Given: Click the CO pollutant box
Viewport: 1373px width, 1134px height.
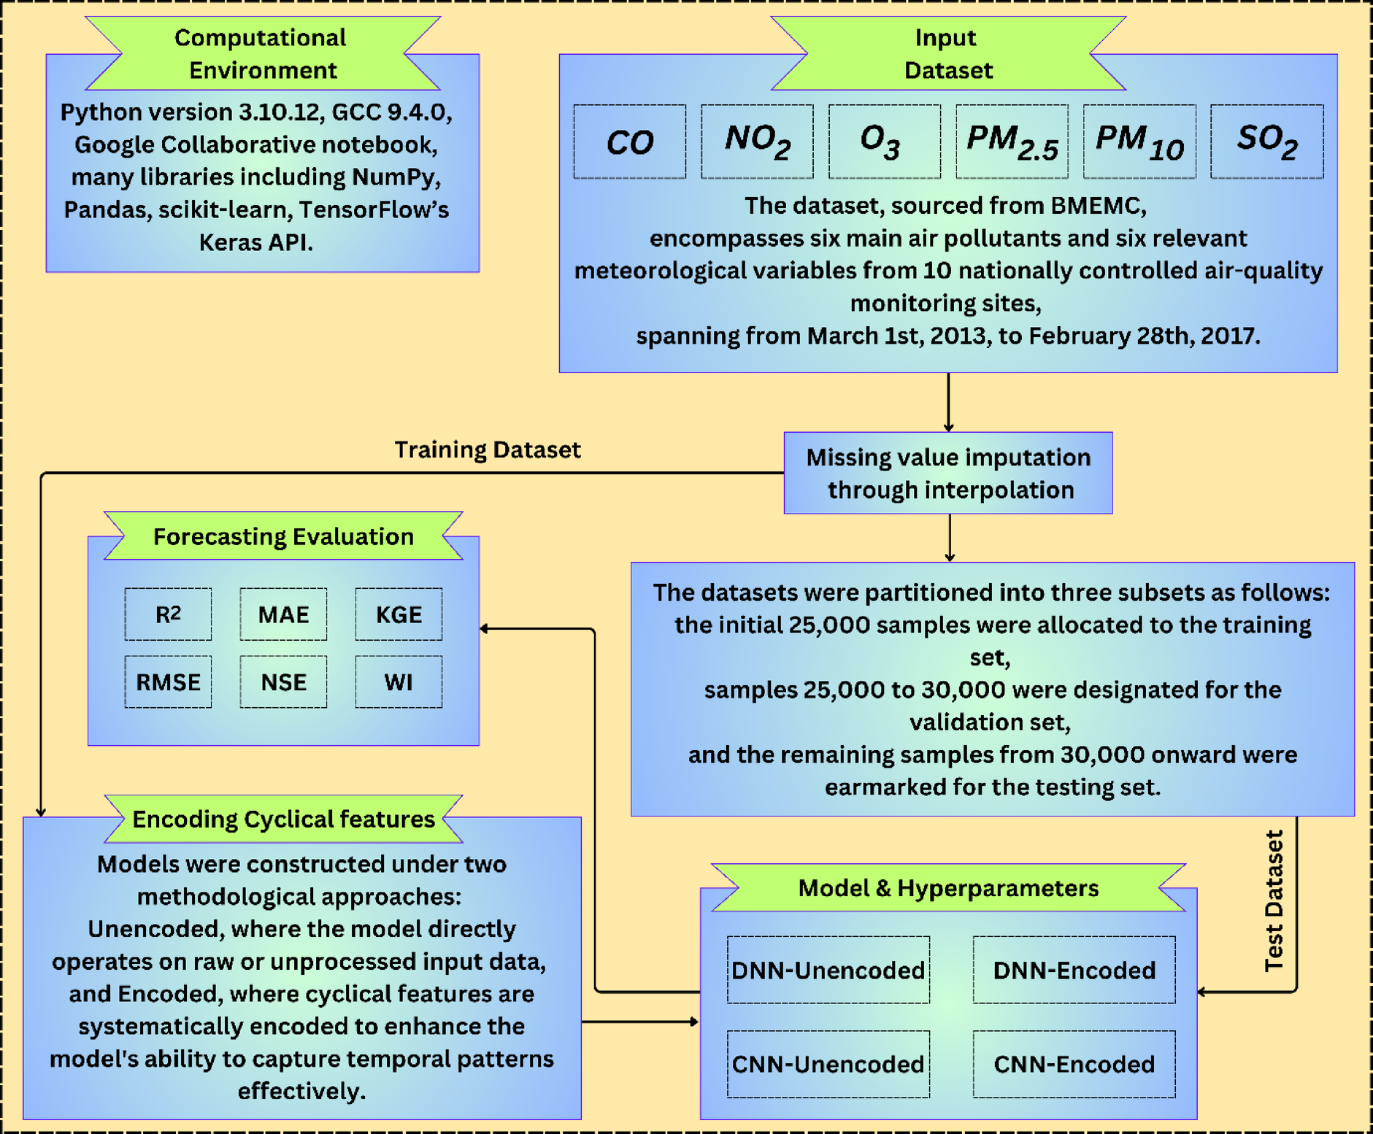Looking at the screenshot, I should pos(629,142).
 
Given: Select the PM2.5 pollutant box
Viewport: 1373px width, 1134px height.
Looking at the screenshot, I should pos(1012,142).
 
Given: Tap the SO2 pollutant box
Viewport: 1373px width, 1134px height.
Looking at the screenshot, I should pos(1266,142).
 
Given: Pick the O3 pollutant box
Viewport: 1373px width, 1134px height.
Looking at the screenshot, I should pos(884,142).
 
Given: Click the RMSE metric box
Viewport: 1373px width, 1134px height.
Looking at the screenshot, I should pos(168,682).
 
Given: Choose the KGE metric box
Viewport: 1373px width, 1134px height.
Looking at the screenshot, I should pos(399,614).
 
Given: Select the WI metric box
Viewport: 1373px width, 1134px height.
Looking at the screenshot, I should pos(399,682).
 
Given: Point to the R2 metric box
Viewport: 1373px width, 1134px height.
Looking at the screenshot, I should pos(168,614).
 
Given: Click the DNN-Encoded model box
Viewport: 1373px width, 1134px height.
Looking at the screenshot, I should pos(1074,970).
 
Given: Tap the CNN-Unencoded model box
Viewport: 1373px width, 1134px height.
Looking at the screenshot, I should pos(828,1064).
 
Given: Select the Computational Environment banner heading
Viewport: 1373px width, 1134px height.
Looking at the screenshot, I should pos(262,54).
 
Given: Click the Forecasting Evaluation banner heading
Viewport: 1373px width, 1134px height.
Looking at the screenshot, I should pos(283,536).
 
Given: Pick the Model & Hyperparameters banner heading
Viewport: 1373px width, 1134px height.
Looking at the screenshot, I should pos(947,888).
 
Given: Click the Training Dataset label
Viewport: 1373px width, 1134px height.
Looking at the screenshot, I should pos(487,450).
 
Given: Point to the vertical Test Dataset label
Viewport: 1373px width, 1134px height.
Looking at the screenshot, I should pos(1274,901).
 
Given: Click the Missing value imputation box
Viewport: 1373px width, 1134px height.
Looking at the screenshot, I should pos(947,473).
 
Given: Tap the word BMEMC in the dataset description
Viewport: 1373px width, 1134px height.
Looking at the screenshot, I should pos(1098,206).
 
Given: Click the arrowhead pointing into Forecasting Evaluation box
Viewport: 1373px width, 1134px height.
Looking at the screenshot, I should pos(484,628).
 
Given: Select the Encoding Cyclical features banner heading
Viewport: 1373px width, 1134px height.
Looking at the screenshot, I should pos(283,819).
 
